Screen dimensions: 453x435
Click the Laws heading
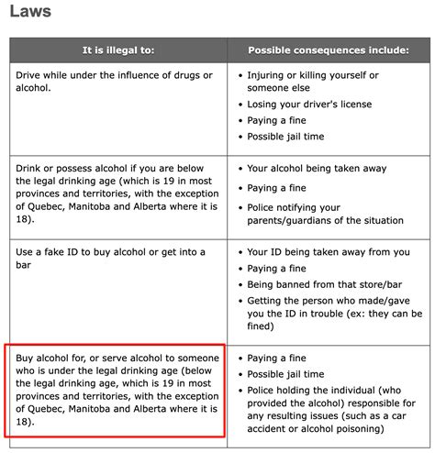[x=29, y=13]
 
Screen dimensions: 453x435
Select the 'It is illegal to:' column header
[x=117, y=50]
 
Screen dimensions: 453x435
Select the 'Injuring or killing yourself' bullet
[x=312, y=74]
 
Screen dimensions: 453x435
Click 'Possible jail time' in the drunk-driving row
[x=285, y=137]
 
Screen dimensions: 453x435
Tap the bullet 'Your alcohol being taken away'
[x=317, y=169]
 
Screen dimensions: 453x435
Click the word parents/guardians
[x=294, y=220]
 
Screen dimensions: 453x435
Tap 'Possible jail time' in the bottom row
[x=285, y=374]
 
